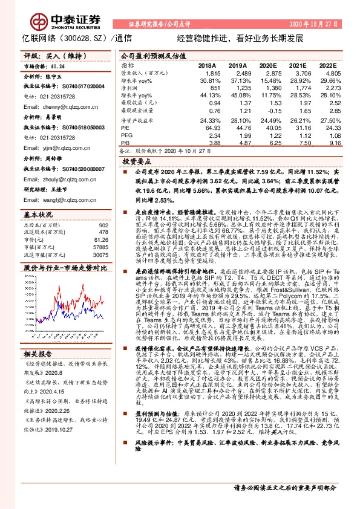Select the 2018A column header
(x=206, y=65)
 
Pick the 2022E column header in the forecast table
(x=327, y=65)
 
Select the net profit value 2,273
(x=327, y=88)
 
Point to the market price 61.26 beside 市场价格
(x=58, y=66)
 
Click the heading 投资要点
(x=136, y=163)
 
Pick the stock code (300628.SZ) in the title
(x=88, y=37)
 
